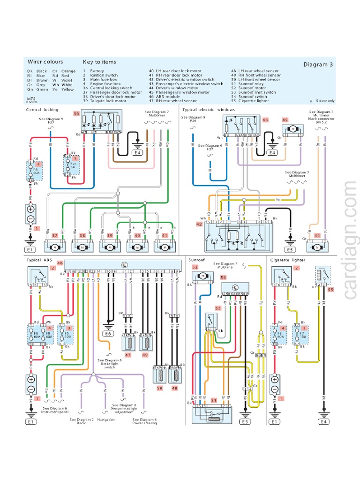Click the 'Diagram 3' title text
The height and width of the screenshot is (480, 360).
point(317,65)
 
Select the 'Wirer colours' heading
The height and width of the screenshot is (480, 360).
point(45,61)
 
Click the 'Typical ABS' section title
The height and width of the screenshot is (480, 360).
point(42,259)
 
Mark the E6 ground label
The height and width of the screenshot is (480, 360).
point(109,334)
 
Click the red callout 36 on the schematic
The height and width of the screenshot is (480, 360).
point(76,114)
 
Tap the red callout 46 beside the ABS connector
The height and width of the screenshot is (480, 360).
point(60,263)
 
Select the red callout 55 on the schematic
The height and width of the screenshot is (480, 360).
point(330,290)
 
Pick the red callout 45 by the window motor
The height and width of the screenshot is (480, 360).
point(284,120)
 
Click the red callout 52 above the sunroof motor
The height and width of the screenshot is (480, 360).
point(195,267)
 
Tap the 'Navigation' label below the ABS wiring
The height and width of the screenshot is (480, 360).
point(106,420)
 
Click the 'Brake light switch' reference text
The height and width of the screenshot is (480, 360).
point(110,364)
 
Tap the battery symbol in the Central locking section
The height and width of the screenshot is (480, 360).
point(31,215)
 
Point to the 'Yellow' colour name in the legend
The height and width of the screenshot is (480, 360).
point(68,89)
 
